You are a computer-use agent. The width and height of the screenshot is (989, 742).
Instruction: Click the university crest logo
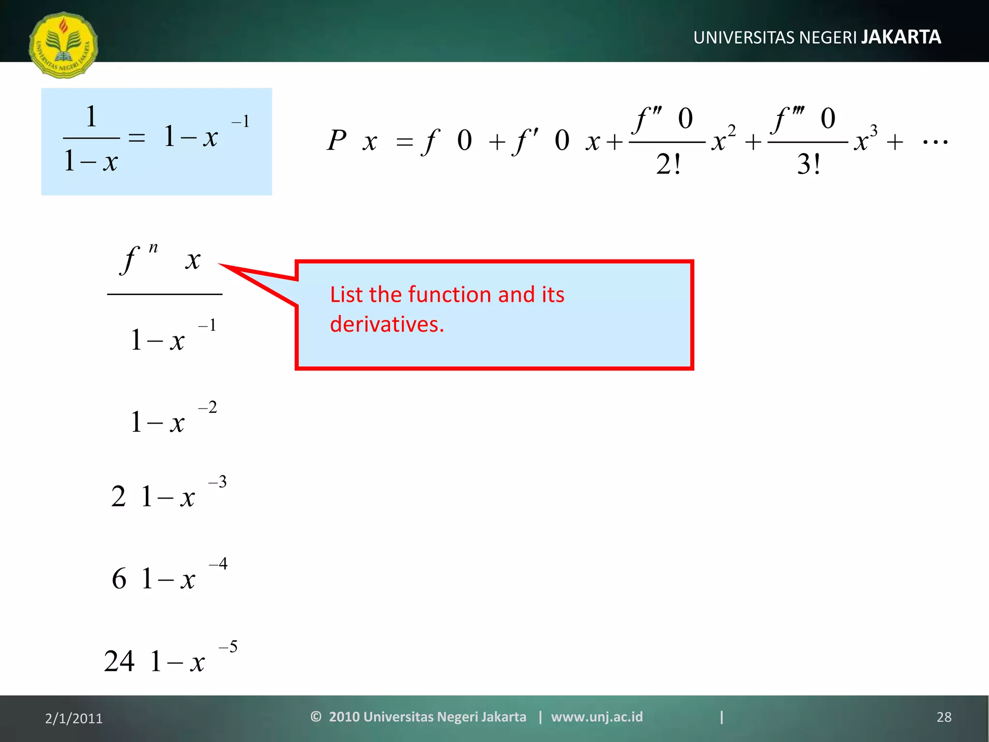coord(63,45)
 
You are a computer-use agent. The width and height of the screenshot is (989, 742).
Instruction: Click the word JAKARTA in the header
coord(901,37)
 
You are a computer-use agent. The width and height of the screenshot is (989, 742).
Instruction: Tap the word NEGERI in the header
coord(828,38)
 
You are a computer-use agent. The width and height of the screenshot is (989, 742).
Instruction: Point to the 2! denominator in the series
coord(668,165)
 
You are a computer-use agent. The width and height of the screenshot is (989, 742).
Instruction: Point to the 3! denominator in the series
coord(808,165)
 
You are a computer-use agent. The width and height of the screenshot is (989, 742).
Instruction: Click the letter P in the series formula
coord(337,141)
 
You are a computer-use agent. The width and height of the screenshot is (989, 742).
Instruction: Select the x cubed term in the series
coord(865,139)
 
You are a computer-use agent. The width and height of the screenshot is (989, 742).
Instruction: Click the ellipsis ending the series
coord(935,142)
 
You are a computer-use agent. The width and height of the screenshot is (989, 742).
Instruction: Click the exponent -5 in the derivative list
coord(228,646)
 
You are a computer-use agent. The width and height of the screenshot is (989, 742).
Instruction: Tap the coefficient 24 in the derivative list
coord(119,661)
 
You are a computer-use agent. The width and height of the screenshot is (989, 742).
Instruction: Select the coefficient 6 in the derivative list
coord(119,579)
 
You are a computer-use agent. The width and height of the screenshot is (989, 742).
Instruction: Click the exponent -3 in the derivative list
coord(217,482)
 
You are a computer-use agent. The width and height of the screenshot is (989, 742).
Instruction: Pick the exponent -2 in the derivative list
coord(208,407)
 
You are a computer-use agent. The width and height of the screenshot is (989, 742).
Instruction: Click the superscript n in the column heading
coord(153,248)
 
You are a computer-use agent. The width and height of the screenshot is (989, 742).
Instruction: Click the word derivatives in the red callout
coord(386,324)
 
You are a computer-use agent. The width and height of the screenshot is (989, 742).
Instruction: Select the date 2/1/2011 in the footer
coord(74,718)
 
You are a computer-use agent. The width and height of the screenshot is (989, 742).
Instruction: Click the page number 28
coord(944,717)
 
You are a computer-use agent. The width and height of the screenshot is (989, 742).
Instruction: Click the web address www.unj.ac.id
coord(597,716)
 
